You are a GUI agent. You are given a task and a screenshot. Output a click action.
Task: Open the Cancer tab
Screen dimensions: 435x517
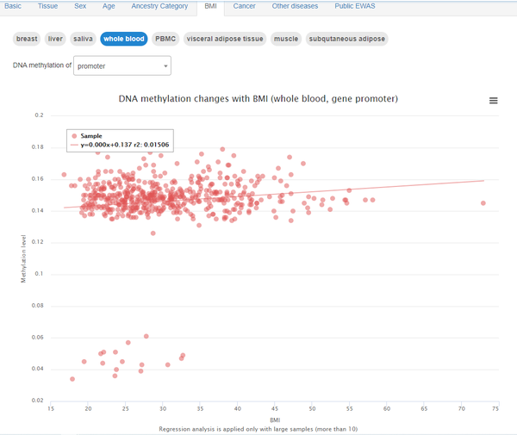(244, 6)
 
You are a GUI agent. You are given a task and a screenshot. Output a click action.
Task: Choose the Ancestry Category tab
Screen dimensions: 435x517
(159, 6)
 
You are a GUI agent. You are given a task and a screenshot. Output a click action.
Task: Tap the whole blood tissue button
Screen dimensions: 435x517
(124, 39)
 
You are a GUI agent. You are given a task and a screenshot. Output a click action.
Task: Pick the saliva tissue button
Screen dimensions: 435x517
(83, 39)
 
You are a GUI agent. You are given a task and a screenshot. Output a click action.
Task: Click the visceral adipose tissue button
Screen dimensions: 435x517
(225, 39)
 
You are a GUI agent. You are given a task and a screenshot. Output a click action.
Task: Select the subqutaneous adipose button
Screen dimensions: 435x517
(347, 39)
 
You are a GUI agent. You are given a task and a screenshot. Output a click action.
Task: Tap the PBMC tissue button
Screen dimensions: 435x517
(165, 39)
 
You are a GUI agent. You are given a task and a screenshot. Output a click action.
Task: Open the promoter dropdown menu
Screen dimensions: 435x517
(122, 65)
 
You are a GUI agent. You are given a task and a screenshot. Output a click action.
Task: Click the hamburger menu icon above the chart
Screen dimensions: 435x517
(494, 101)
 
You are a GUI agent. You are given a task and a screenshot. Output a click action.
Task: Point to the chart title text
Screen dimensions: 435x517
(258, 99)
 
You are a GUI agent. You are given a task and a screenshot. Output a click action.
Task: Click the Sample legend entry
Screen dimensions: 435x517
(91, 136)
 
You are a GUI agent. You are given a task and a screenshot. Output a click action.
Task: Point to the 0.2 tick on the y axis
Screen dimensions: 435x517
(39, 115)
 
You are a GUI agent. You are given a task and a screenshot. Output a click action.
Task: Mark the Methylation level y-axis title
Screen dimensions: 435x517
(24, 258)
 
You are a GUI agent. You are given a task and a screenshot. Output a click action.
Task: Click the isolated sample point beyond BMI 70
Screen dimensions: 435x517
(483, 203)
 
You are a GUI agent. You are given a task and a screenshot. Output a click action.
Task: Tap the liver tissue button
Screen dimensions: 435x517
(55, 39)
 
